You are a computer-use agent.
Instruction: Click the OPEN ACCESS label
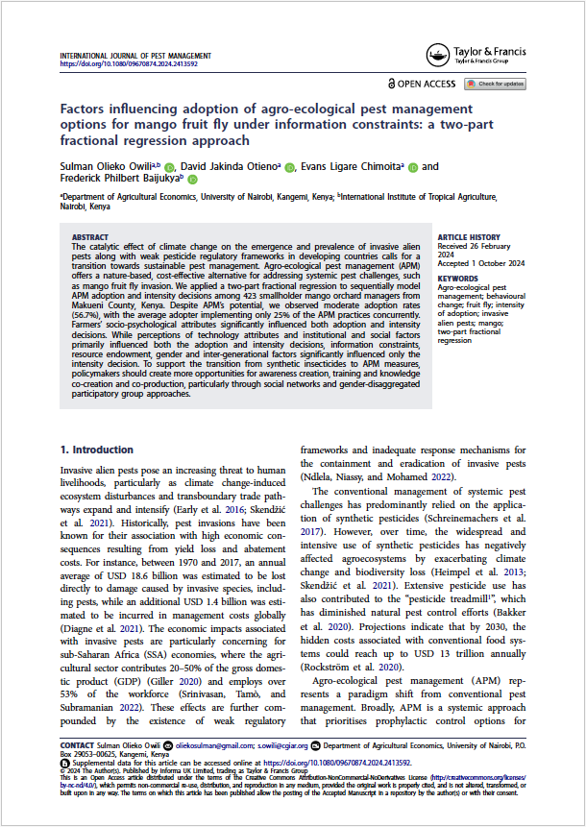pyautogui.click(x=426, y=85)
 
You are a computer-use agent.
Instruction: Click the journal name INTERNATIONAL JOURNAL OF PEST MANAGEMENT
pyautogui.click(x=135, y=57)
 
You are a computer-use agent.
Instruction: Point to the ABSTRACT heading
pyautogui.click(x=91, y=236)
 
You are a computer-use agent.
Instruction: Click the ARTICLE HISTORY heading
pyautogui.click(x=468, y=236)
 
